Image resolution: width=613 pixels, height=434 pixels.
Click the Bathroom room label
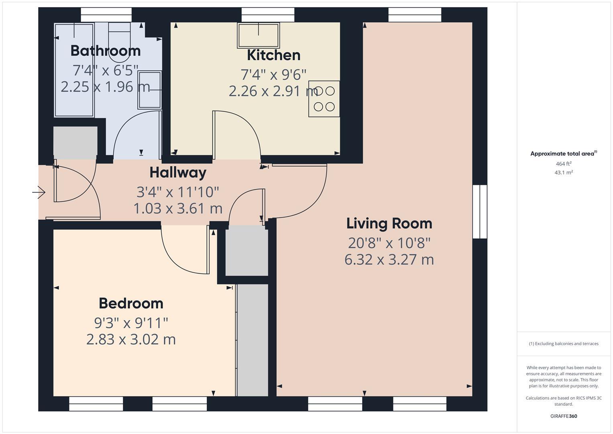105,51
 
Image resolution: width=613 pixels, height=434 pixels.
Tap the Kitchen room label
273,55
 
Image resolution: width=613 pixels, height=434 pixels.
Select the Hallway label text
178,173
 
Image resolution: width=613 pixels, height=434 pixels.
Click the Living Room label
389,223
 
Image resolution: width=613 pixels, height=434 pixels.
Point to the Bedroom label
131,303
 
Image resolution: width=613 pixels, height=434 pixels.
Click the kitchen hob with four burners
324,99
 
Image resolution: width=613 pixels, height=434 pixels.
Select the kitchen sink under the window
259,35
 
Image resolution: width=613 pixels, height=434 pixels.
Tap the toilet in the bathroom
119,44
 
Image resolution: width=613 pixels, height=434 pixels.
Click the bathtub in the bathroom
74,70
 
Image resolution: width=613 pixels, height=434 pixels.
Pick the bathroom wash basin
150,90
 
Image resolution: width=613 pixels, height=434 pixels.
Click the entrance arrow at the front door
39,193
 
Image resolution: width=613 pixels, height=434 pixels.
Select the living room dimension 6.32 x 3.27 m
389,260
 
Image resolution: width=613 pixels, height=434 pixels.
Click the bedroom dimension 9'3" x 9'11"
131,323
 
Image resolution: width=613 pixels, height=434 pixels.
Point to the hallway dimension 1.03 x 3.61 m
178,209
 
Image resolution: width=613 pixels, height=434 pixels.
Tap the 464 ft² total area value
563,164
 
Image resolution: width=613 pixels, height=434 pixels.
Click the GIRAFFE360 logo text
563,416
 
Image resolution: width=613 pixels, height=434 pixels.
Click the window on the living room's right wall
480,212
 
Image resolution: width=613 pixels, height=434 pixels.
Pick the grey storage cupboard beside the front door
75,143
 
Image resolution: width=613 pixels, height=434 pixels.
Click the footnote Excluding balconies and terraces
563,344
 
